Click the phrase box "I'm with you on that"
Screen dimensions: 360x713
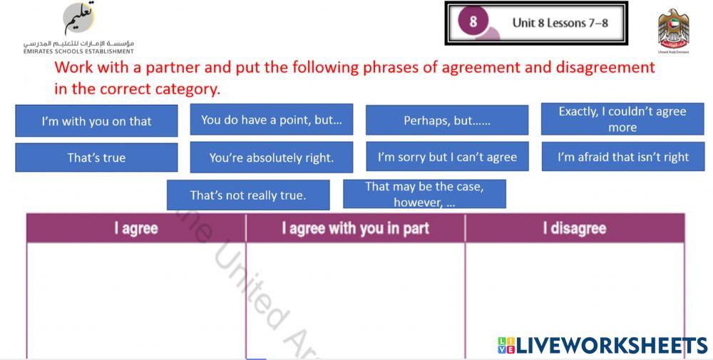[x=96, y=121]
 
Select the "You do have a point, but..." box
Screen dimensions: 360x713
[x=272, y=120]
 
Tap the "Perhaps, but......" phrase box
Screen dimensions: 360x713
[x=447, y=120]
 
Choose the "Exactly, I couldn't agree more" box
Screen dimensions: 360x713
[x=622, y=119]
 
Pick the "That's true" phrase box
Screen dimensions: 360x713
[x=96, y=158]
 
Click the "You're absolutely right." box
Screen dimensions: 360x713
[x=272, y=158]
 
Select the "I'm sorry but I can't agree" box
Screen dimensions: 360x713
[x=447, y=157]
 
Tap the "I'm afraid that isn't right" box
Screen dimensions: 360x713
[x=622, y=157]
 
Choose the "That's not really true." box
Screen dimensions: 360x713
[x=248, y=195]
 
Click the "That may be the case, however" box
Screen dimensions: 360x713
[x=424, y=194]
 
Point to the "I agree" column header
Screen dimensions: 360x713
[x=136, y=229]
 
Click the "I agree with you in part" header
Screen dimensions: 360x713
[x=355, y=229]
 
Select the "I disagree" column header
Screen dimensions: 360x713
[x=574, y=229]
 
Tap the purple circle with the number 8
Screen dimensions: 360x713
[x=473, y=22]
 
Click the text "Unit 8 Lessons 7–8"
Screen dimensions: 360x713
[x=560, y=23]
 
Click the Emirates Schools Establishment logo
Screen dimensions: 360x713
[x=78, y=27]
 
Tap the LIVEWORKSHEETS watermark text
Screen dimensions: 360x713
[x=602, y=346]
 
